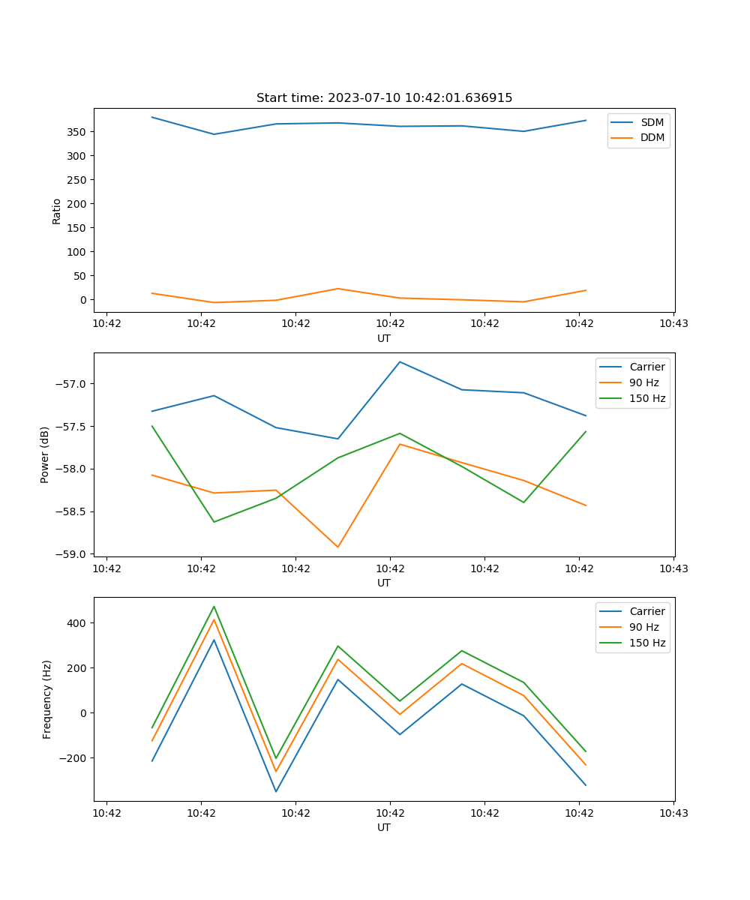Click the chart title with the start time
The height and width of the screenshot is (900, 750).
384,98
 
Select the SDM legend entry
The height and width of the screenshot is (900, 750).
652,122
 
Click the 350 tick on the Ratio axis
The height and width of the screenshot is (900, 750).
77,132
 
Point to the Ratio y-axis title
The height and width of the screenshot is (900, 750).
57,211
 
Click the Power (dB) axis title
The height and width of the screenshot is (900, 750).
45,454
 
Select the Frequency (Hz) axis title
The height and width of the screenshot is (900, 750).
47,699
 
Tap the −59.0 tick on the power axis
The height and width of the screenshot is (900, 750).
72,554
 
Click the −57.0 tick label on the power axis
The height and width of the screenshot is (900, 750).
72,384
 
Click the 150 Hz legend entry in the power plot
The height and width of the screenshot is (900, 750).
647,399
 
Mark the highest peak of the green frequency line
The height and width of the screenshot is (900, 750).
214,607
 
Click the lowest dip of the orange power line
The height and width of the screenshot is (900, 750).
337,547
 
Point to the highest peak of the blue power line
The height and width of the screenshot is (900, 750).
400,361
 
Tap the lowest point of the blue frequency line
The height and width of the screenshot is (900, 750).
276,791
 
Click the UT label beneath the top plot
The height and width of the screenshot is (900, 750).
384,338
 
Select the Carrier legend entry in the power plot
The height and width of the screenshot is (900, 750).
646,367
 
